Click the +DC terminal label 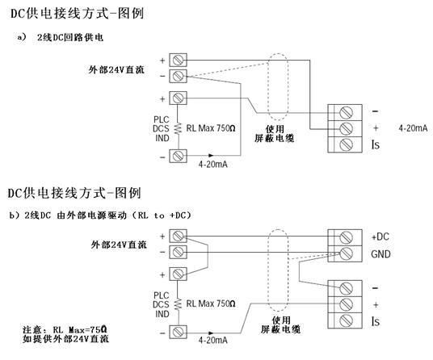click(380, 237)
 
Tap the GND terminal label click(380, 254)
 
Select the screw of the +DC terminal click(346, 237)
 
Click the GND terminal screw click(346, 253)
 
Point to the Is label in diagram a click(376, 144)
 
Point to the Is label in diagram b click(376, 321)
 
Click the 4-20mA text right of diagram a click(413, 128)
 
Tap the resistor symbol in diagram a click(178, 128)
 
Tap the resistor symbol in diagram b click(178, 304)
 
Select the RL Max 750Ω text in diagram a click(211, 128)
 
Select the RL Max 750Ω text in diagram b click(211, 303)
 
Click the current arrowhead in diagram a click(211, 155)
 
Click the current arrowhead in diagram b click(211, 333)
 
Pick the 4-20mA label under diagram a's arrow click(213, 165)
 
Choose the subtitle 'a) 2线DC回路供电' click(61, 37)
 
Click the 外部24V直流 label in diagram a click(116, 69)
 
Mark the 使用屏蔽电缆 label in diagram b click(281, 325)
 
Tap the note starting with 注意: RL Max click(65, 334)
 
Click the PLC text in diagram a click(162, 119)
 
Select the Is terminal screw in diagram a click(346, 144)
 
